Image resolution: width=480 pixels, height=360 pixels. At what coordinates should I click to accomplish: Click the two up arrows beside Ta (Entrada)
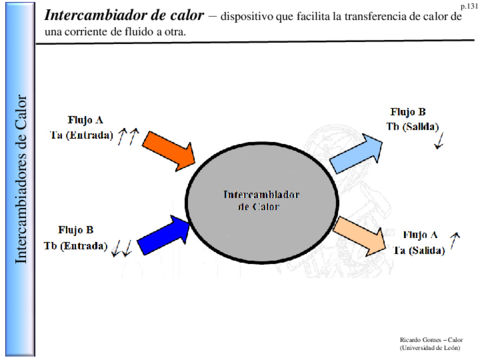126,137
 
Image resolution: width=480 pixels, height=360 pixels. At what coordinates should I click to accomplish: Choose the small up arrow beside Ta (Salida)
455,238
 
